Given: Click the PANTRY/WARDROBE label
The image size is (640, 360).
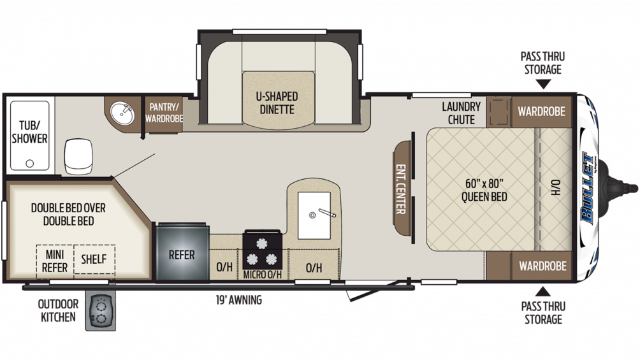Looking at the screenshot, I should click(x=164, y=113).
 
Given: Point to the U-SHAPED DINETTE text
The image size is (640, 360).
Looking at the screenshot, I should click(x=277, y=103).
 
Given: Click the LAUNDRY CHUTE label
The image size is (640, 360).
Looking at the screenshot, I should click(x=461, y=113).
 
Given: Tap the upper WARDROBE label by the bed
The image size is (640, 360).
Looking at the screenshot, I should click(x=541, y=112).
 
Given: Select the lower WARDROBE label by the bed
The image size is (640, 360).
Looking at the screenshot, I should click(x=541, y=264).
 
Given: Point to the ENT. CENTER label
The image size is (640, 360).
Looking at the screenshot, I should click(x=402, y=189).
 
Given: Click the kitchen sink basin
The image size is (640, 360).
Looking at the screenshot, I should click(x=314, y=207).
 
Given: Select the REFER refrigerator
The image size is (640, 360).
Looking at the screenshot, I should click(x=182, y=254).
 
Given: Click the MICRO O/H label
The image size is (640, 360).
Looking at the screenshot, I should click(x=262, y=275).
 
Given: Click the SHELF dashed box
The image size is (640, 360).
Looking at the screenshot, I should click(x=94, y=260).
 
